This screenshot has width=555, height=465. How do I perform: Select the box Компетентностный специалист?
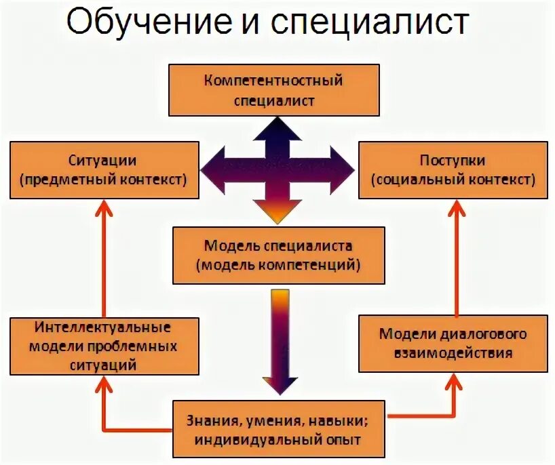(274, 91)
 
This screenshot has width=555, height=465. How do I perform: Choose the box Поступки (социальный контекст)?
(453, 170)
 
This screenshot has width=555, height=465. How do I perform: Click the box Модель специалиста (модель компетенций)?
(278, 255)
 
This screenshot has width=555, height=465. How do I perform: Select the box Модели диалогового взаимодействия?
(453, 344)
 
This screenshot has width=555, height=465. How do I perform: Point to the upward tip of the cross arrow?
(278, 121)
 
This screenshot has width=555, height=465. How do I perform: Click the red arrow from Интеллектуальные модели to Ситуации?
(104, 258)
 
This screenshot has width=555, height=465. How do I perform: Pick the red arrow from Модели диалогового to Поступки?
(454, 258)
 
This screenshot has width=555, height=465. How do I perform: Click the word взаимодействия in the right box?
(453, 353)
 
